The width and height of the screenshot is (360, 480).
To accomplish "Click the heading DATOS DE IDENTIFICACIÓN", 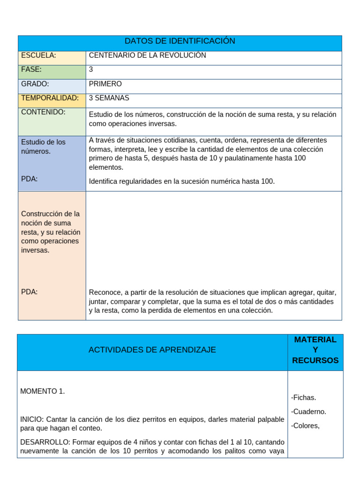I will click(x=180, y=41).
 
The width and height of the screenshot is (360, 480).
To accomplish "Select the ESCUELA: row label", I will click(x=38, y=55).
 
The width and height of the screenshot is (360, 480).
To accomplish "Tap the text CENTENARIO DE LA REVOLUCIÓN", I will click(x=147, y=55).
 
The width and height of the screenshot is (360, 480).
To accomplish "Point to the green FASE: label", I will click(x=31, y=69).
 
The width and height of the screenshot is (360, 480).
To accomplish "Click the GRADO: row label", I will click(x=35, y=84).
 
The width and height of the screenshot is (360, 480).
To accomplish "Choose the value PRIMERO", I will click(x=105, y=84).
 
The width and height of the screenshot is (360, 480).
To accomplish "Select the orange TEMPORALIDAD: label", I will click(x=50, y=98).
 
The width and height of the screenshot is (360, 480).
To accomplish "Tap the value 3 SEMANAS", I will click(x=109, y=98).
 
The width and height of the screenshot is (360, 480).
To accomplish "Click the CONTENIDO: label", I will click(x=43, y=112).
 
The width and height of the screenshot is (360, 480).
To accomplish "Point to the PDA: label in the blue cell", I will click(x=30, y=179).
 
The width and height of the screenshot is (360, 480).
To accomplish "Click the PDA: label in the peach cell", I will click(x=30, y=292).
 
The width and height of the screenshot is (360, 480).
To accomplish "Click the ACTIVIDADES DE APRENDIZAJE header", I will click(x=152, y=350).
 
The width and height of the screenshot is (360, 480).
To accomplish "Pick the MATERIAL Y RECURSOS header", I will click(x=315, y=350).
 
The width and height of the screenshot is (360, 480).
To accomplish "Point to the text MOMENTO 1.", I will click(x=43, y=391).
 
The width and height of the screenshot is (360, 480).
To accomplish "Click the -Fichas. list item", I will click(x=303, y=397).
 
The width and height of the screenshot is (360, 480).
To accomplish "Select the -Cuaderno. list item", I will click(x=308, y=412).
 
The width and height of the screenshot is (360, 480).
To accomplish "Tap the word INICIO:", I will click(x=32, y=419).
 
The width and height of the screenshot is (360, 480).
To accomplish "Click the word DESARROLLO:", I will click(x=45, y=442).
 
